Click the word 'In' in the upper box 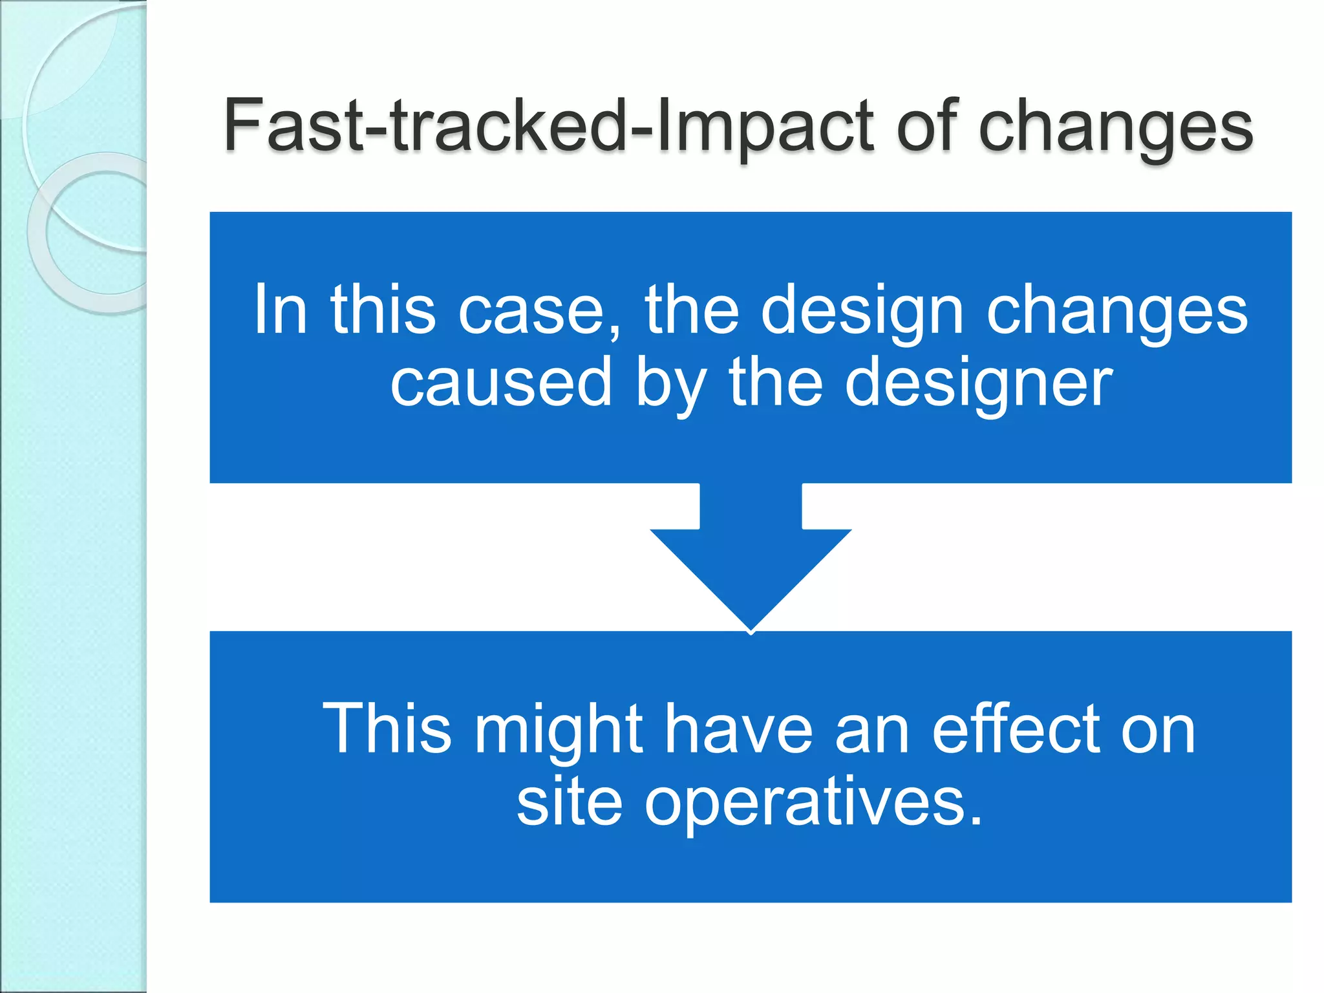pos(279,310)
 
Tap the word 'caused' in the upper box pos(501,383)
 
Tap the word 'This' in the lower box pos(387,729)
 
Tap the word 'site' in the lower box pos(569,802)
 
